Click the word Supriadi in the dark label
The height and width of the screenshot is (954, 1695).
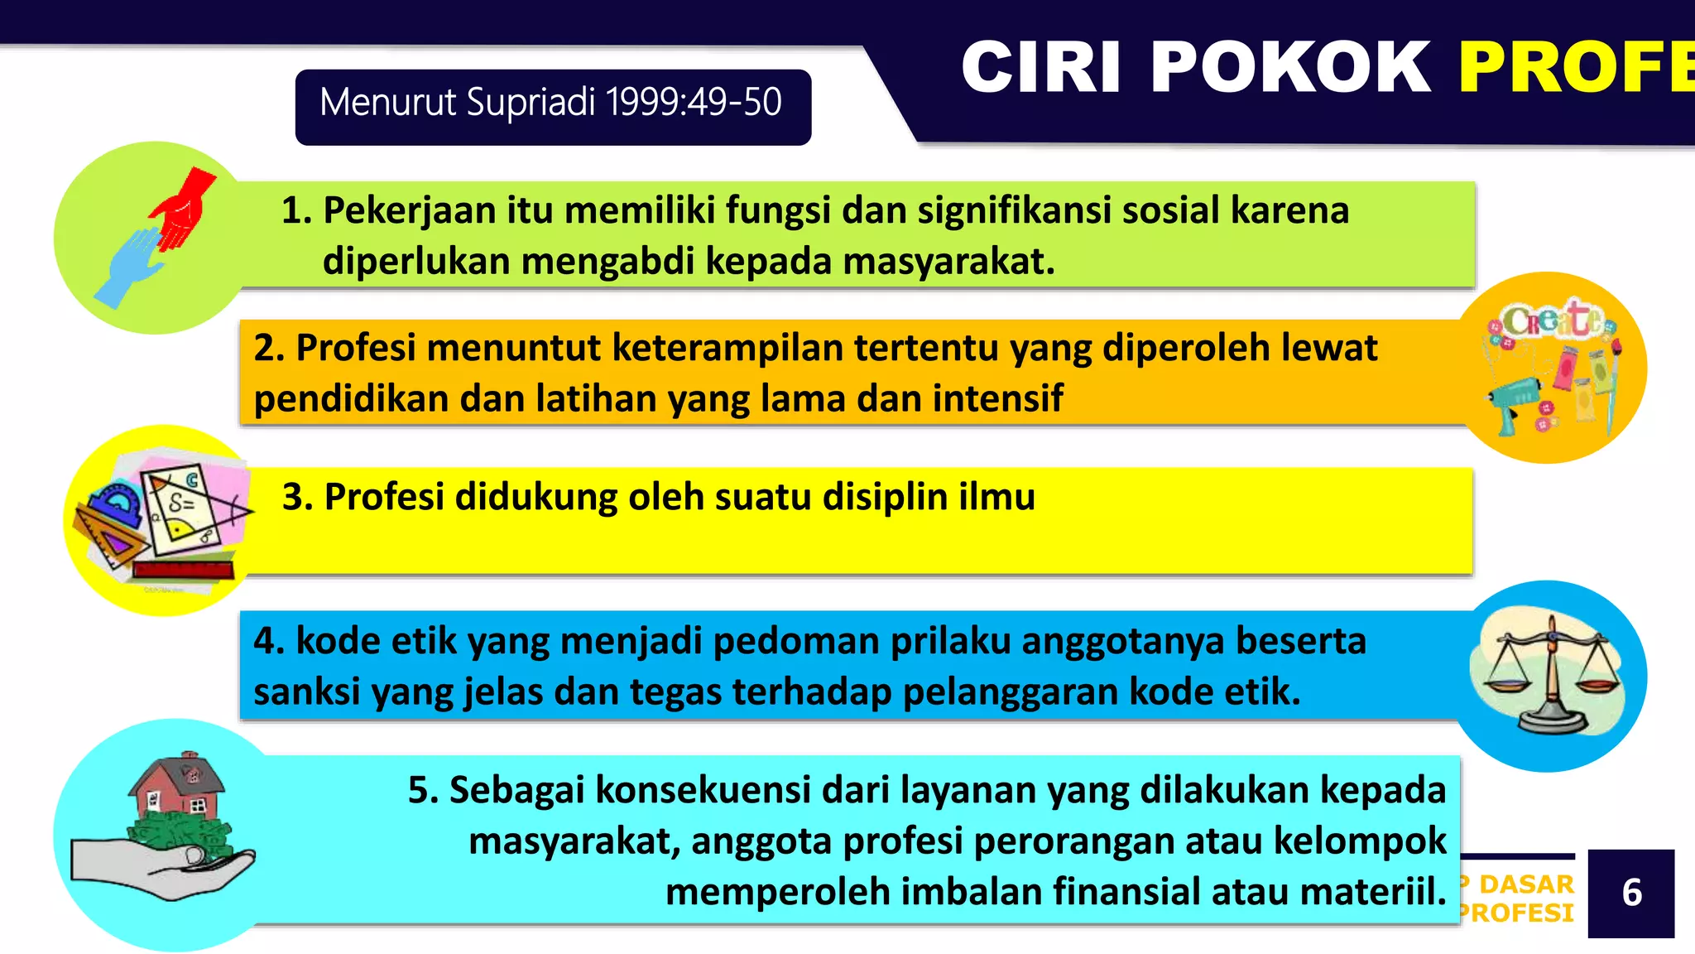pyautogui.click(x=531, y=103)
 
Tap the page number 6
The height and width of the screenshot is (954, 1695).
pyautogui.click(x=1631, y=893)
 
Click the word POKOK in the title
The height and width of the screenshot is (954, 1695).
pyautogui.click(x=1289, y=68)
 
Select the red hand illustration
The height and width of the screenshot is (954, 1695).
pyautogui.click(x=184, y=210)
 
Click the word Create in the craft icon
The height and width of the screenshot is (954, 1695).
pyautogui.click(x=1551, y=320)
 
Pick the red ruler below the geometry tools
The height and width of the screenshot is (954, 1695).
pyautogui.click(x=184, y=569)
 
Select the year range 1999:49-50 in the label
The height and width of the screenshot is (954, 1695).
pyautogui.click(x=694, y=103)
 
